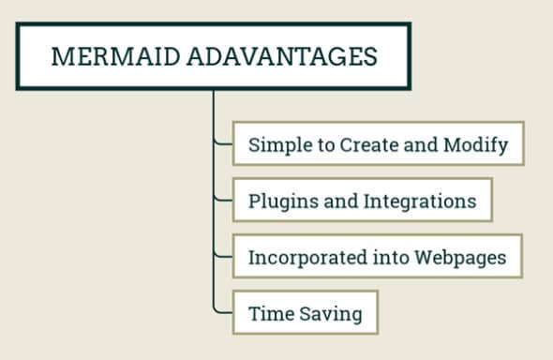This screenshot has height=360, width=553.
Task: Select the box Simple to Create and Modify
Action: click(378, 145)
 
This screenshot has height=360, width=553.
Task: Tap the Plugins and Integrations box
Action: click(362, 202)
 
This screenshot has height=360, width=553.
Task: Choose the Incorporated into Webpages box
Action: click(377, 258)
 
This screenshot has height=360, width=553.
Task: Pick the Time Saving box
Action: click(305, 314)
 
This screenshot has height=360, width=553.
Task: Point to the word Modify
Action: click(481, 145)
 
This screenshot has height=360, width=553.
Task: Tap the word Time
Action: click(267, 314)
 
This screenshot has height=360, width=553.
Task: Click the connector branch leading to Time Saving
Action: click(222, 312)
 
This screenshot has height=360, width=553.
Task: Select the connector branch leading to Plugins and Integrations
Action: click(222, 200)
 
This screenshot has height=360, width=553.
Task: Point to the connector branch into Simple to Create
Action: click(222, 143)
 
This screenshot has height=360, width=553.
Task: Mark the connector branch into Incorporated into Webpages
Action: click(222, 256)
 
